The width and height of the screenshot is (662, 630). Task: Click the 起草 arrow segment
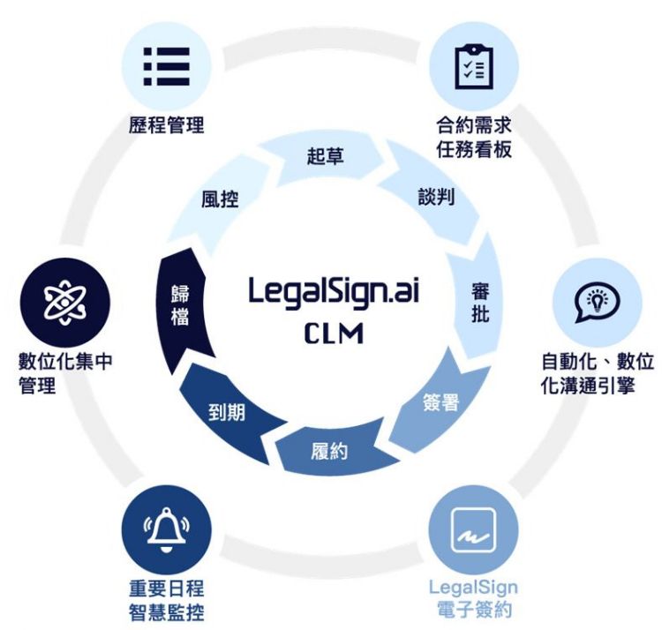click(326, 156)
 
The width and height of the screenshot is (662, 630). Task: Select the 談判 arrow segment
click(436, 196)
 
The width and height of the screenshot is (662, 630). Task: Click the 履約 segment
click(329, 451)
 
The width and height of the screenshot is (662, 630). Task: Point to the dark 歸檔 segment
click(180, 304)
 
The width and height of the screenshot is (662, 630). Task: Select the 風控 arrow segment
click(220, 199)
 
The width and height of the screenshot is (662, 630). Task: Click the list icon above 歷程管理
click(166, 65)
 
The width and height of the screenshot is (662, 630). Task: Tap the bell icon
click(167, 529)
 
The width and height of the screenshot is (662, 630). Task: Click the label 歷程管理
click(166, 125)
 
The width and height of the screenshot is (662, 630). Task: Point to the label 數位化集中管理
click(65, 374)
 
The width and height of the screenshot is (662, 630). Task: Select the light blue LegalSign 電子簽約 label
click(473, 598)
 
